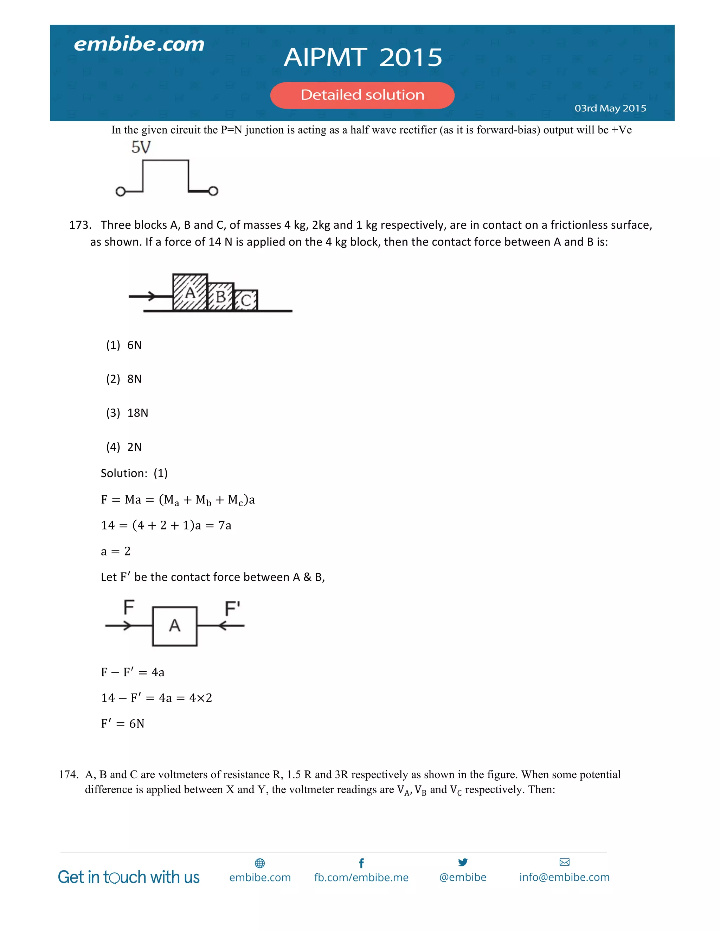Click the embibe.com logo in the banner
pyautogui.click(x=139, y=44)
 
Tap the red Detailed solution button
pyautogui.click(x=362, y=95)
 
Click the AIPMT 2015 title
pyautogui.click(x=363, y=57)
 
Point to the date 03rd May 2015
pyautogui.click(x=610, y=108)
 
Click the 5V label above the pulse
pyautogui.click(x=141, y=148)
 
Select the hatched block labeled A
pyautogui.click(x=190, y=292)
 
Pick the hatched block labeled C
pyautogui.click(x=246, y=300)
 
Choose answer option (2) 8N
pyautogui.click(x=124, y=379)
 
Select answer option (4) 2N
pyautogui.click(x=124, y=447)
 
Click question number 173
pyautogui.click(x=80, y=225)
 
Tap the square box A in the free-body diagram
pyautogui.click(x=174, y=626)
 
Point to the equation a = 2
pyautogui.click(x=116, y=551)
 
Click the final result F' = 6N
pyautogui.click(x=123, y=723)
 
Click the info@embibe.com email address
pyautogui.click(x=564, y=877)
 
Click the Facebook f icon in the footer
pyautogui.click(x=361, y=863)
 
